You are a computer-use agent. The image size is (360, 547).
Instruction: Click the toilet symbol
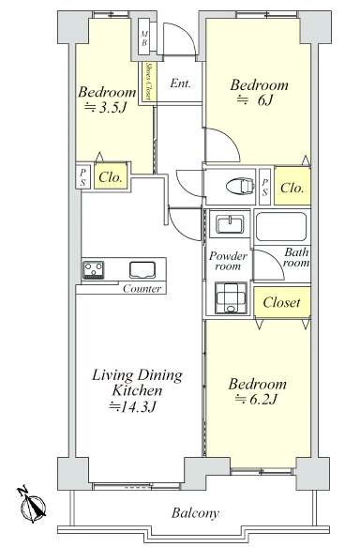click(239, 185)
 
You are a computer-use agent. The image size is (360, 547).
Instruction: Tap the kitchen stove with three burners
click(94, 270)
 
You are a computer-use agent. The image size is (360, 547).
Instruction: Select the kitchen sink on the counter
click(142, 269)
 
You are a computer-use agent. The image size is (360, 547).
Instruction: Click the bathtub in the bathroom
click(281, 226)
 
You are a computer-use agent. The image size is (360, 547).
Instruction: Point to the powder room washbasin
click(230, 223)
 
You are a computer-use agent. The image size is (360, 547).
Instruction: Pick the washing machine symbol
click(231, 297)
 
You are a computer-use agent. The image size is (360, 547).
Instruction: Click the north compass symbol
click(32, 504)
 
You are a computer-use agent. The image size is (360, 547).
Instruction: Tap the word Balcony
click(195, 513)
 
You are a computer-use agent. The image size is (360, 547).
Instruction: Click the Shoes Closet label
click(148, 82)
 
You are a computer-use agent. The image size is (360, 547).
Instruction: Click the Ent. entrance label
click(180, 84)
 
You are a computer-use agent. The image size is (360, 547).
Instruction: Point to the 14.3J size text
click(132, 406)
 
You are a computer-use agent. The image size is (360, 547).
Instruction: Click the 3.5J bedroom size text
click(106, 108)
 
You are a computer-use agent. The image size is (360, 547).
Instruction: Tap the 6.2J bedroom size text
click(257, 399)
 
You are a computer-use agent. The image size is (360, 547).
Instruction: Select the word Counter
click(142, 288)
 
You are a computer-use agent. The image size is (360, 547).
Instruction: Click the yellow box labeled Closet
click(282, 301)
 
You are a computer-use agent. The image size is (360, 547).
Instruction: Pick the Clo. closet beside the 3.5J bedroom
click(111, 176)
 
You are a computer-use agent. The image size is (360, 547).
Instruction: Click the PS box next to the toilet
click(265, 187)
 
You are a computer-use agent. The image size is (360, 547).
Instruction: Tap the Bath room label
click(296, 257)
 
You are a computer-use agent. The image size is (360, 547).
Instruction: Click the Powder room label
click(228, 261)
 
